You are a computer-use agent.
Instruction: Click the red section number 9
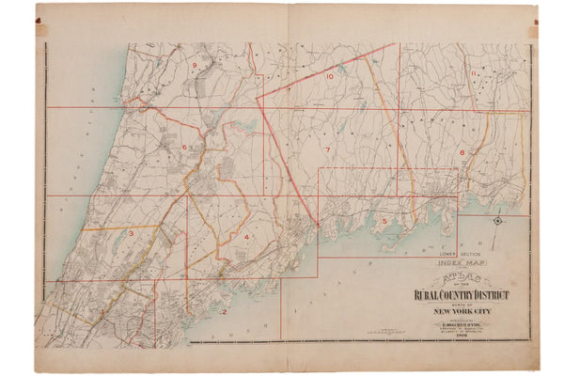(194, 65)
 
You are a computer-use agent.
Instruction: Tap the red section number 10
(330, 76)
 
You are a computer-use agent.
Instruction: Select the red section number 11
(476, 73)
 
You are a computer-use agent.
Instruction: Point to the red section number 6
(185, 148)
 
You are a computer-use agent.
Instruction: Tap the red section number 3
(132, 233)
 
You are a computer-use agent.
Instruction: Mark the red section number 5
(384, 222)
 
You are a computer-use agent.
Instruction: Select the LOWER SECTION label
(457, 255)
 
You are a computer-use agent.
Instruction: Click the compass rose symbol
(497, 222)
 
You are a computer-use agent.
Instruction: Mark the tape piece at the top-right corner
(533, 30)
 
